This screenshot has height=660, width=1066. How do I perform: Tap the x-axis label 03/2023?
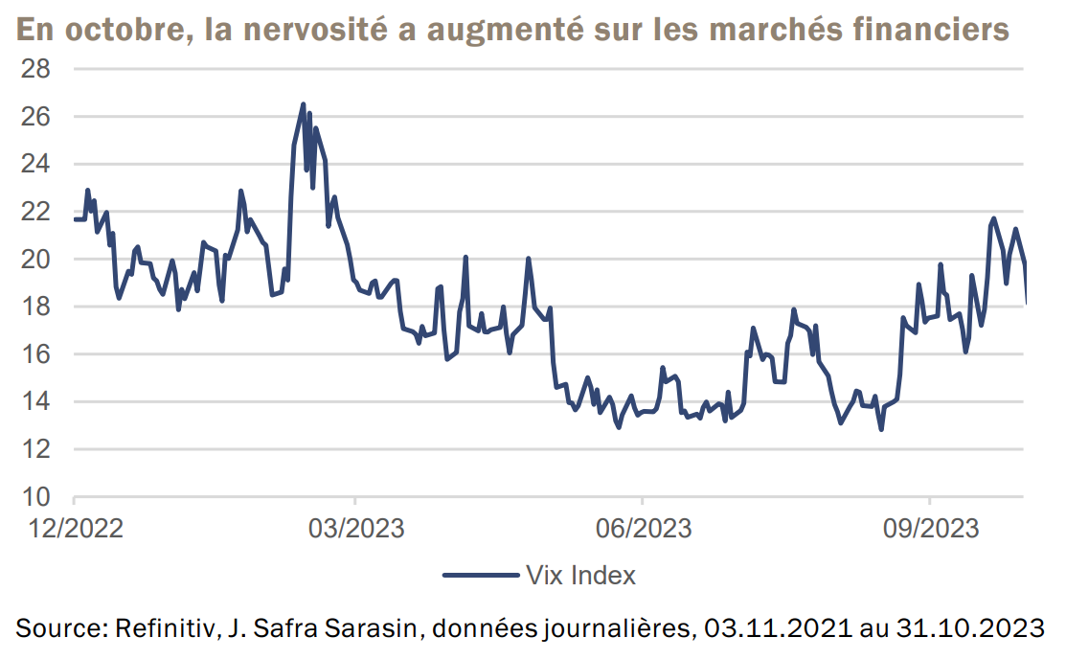click(x=354, y=528)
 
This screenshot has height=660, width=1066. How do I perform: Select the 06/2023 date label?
click(x=642, y=528)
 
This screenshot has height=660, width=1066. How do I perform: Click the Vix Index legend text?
click(x=581, y=576)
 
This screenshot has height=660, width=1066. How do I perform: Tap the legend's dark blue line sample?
click(x=480, y=576)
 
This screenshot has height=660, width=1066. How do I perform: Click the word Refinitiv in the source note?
click(x=157, y=629)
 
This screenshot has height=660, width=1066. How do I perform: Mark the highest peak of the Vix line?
click(x=303, y=104)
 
